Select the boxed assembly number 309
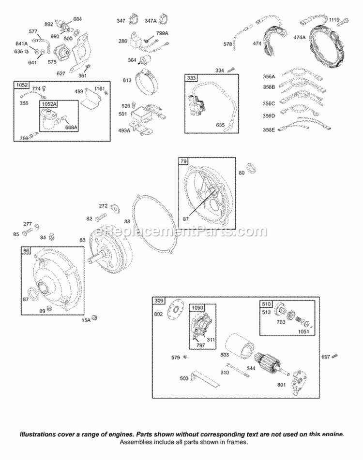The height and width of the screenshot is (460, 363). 159,301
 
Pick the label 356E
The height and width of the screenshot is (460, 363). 269,129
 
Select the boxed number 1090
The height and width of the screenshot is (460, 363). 197,308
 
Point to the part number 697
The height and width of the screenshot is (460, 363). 325,357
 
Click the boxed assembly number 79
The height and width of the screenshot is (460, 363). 183,161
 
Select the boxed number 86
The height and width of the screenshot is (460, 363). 27,250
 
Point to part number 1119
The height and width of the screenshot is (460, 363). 334,20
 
